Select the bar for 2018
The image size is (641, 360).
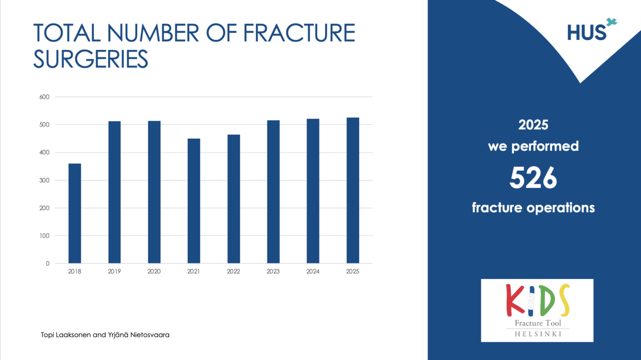point(75,213)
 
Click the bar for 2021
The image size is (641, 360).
point(194,201)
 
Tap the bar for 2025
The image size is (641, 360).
point(353,190)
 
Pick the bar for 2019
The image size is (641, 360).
point(115,192)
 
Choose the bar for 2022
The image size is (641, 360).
point(233,199)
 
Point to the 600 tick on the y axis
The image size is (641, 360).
point(45,97)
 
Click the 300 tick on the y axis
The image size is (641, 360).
point(45,180)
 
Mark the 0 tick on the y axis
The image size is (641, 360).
point(48,263)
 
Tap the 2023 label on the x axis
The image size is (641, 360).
point(273,271)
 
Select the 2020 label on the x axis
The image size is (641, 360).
point(154,271)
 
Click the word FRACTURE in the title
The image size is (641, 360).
point(299,33)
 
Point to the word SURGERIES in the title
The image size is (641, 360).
point(91,59)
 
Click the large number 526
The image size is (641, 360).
point(533,178)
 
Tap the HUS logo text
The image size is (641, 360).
point(586,33)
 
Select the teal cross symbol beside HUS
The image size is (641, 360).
point(612,23)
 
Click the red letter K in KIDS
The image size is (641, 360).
point(514,300)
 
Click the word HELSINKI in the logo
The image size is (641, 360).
point(538,334)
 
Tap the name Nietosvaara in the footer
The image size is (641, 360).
point(150,335)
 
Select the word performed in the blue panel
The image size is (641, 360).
point(545,147)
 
